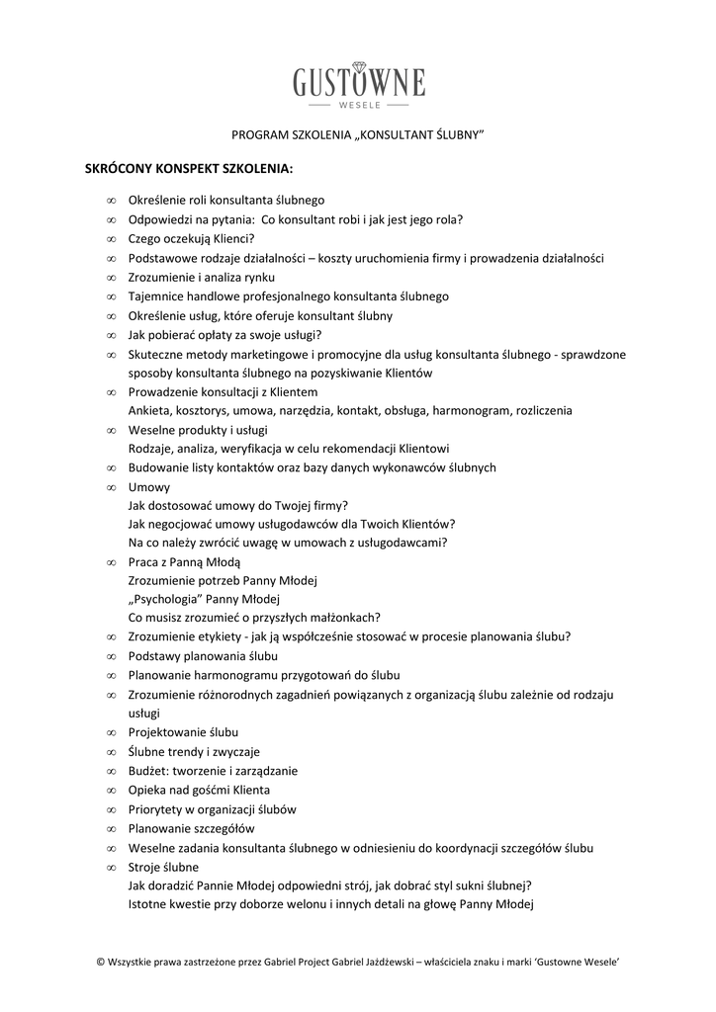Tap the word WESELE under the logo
coord(358,103)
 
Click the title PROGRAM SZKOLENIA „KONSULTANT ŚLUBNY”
coord(357,135)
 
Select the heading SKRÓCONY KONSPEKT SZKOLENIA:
coord(190,168)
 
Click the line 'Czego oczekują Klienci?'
coord(192,238)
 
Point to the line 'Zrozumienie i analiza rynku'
coord(202,277)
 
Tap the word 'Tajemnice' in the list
coord(154,296)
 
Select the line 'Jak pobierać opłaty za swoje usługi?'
coord(224,335)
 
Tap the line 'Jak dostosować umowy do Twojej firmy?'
coord(231,504)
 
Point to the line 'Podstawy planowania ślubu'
coord(203,656)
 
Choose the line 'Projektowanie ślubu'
coord(183,732)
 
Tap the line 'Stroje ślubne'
coord(163,867)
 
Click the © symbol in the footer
coord(100,961)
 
